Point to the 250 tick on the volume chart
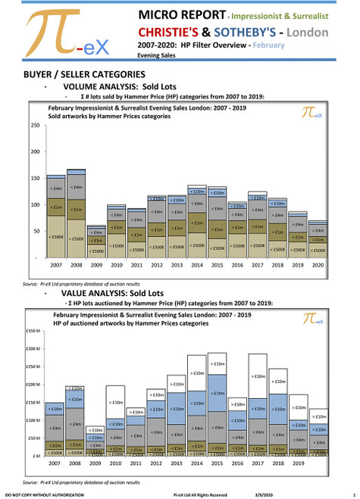pos(34,125)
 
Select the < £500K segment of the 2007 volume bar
pos(56,237)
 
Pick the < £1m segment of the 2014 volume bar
pos(196,223)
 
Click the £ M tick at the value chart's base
pos(35,457)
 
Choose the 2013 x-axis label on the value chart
pos(176,464)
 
